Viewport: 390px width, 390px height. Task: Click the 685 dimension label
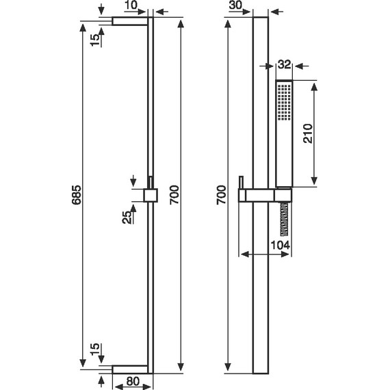(77, 195)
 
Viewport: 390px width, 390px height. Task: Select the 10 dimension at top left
(131, 5)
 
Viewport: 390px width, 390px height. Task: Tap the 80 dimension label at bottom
(133, 382)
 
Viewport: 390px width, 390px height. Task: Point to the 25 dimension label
(127, 217)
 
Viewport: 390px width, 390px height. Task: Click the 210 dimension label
(308, 133)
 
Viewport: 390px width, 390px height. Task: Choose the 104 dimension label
(281, 245)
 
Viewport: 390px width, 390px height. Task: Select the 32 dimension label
(285, 64)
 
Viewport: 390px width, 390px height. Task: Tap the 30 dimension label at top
(235, 5)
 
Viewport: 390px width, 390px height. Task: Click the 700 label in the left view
(174, 195)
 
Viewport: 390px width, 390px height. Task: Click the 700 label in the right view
(221, 195)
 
